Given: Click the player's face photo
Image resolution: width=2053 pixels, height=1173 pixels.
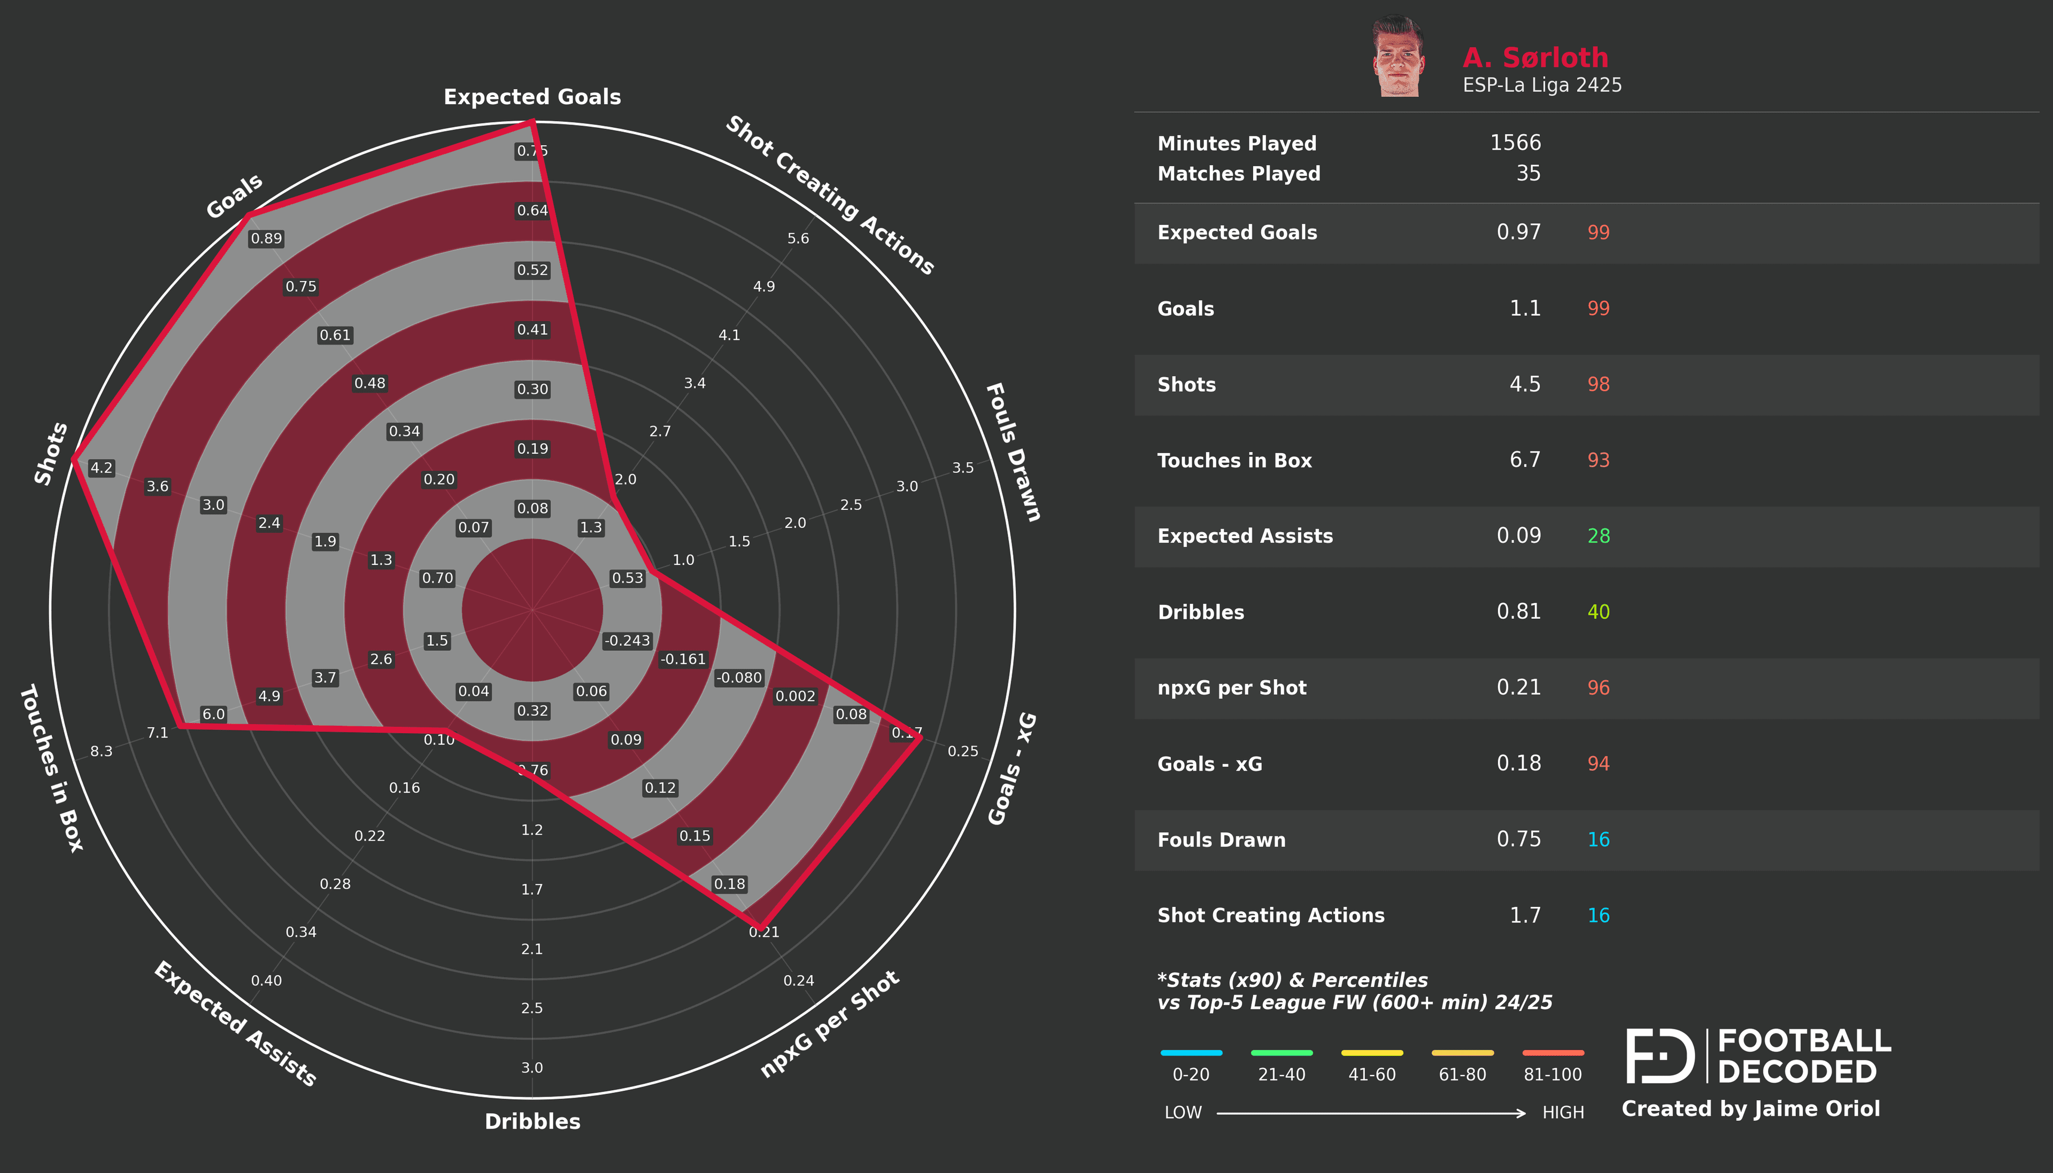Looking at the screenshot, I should [1398, 57].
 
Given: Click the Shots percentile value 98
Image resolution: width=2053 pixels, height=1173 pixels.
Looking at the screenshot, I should [1598, 384].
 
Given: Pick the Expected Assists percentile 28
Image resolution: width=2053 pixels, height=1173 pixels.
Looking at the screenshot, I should [1598, 537].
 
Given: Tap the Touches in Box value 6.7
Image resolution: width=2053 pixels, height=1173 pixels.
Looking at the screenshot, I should [1524, 460].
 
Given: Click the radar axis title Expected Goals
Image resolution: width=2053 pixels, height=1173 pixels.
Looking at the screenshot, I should [532, 97].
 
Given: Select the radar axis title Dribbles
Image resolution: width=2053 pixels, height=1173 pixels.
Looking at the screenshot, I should [532, 1122].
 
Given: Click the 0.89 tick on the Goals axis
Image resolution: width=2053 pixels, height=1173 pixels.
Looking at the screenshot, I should [266, 238].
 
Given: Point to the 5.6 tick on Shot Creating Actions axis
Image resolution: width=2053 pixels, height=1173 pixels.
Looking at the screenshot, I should [798, 238].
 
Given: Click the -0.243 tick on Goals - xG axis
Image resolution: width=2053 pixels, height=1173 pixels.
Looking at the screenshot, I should [627, 641].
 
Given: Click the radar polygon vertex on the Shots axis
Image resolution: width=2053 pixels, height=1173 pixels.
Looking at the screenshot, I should [73, 459].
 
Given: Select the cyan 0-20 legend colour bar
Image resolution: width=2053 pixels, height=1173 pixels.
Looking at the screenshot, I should [1191, 1053].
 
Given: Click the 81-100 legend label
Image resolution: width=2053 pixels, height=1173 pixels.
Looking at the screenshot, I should [1552, 1075].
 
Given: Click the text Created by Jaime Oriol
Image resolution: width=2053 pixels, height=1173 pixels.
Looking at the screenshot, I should [1750, 1109].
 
